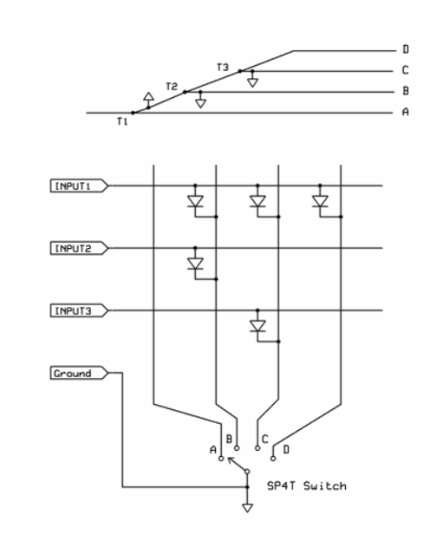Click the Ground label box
click(77, 373)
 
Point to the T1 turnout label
click(122, 121)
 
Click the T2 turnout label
click(172, 87)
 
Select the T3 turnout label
click(224, 67)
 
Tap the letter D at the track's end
click(407, 50)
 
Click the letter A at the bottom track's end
click(407, 113)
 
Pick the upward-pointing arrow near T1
click(149, 95)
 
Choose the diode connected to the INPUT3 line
click(257, 326)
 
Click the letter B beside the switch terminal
click(228, 439)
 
